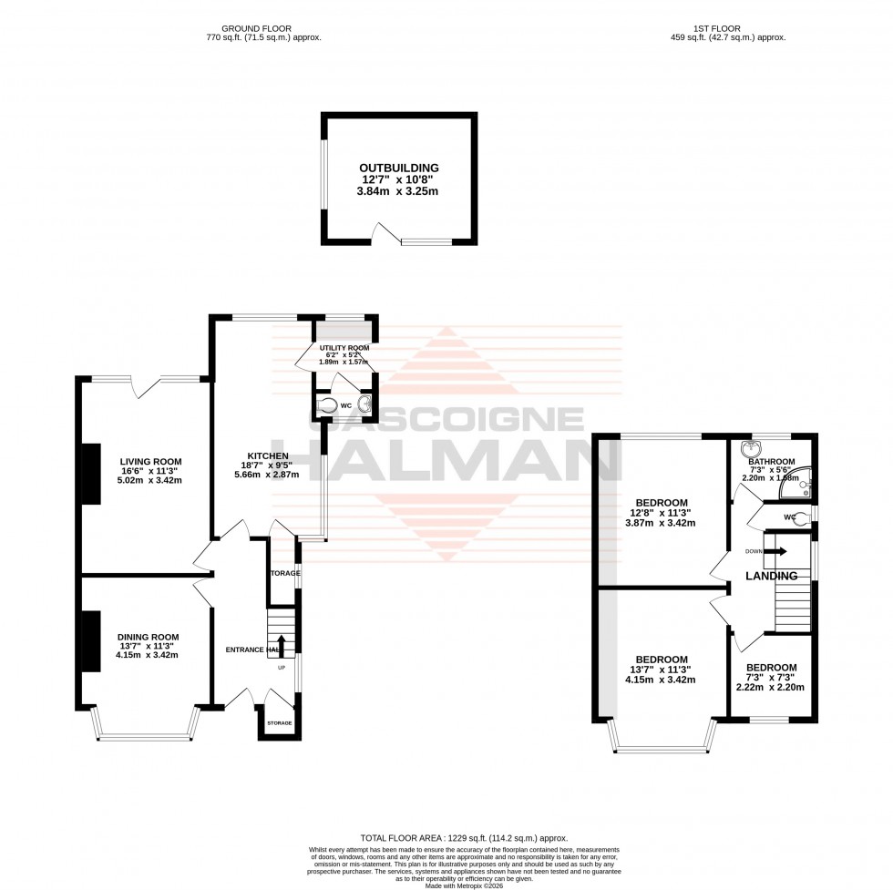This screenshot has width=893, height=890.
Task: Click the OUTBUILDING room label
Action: coord(398,168)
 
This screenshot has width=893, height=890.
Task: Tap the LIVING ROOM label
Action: coord(149,461)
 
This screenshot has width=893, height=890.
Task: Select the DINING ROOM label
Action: coord(148,637)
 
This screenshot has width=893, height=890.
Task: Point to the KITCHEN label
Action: coord(267,455)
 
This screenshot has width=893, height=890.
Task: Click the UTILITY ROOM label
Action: coord(344,348)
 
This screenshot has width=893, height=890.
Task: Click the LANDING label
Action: coord(771,576)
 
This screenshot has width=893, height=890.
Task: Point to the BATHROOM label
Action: coord(772,462)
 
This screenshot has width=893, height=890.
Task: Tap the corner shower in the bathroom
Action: coord(799,488)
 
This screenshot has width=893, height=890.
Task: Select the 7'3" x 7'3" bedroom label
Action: coord(770,667)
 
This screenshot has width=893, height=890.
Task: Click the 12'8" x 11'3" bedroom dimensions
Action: coord(661,513)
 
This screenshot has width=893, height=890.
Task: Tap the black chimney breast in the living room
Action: coord(91,474)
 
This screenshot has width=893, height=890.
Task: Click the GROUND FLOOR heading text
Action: coord(263,28)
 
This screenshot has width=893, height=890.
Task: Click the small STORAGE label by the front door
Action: coord(280,722)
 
